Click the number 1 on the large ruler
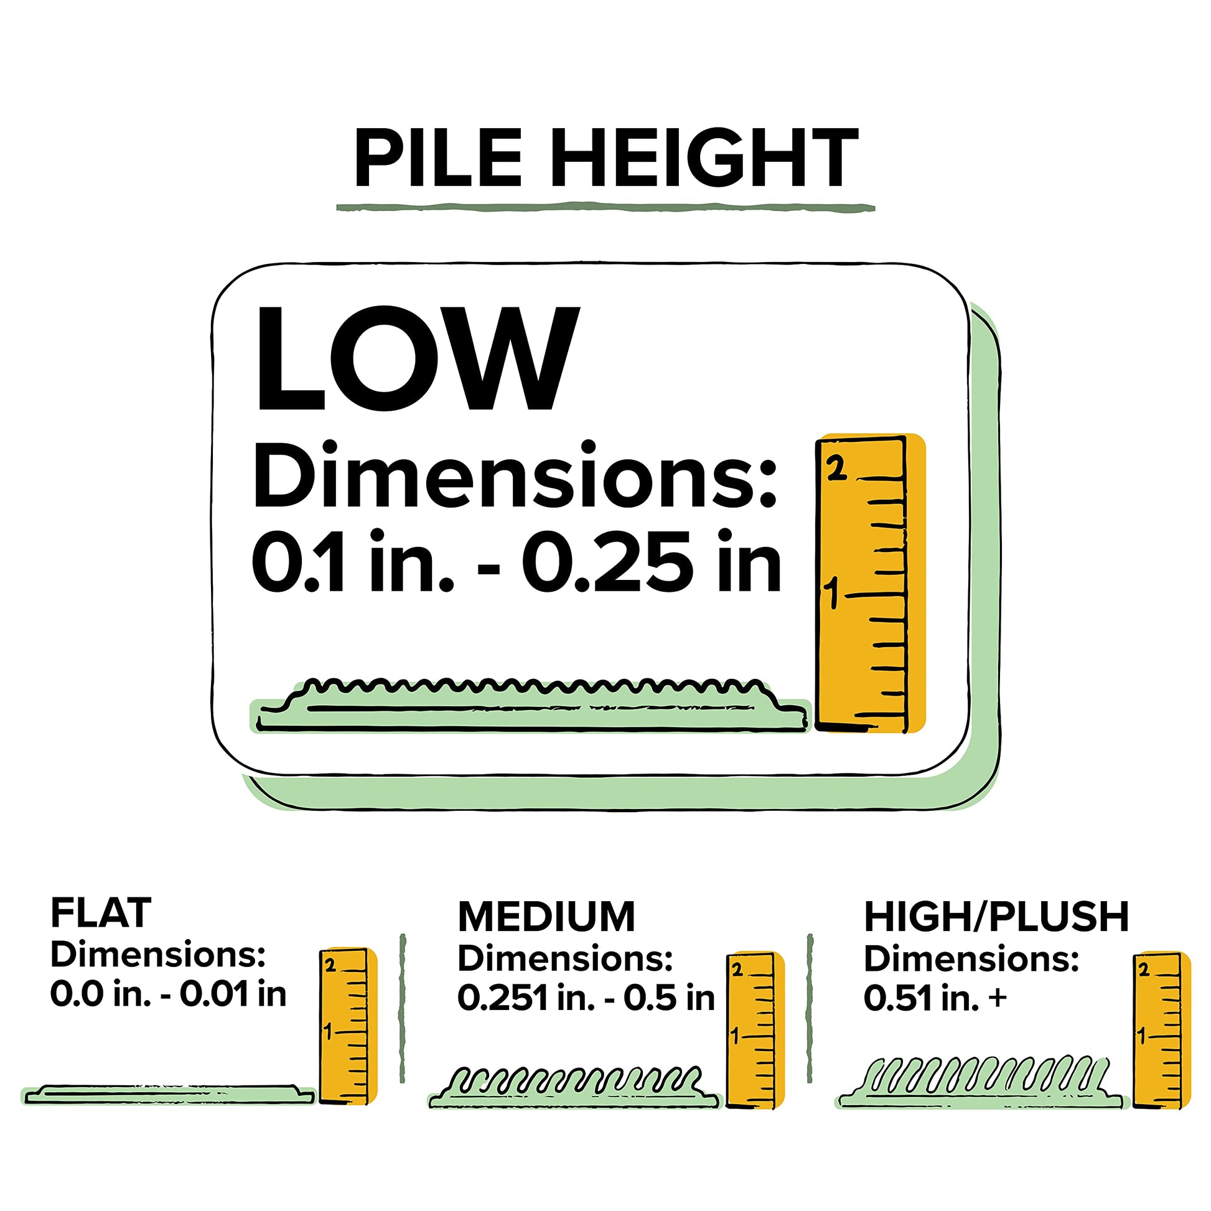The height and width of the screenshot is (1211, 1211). (832, 593)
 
